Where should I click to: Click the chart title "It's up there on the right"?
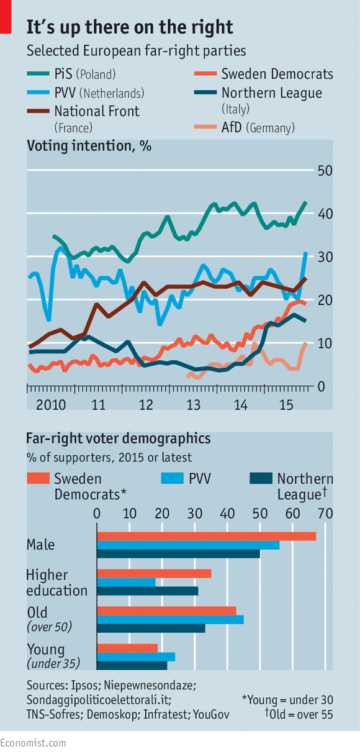coord(130,27)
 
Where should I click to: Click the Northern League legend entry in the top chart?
coord(271,94)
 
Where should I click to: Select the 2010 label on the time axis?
coord(50,405)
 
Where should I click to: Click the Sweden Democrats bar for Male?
coord(206,536)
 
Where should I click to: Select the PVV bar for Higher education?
coord(126,582)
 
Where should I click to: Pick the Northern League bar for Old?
coord(151,628)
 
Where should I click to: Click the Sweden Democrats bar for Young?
coord(127,648)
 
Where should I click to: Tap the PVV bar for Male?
coord(188,545)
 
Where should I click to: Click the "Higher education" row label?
coord(56,582)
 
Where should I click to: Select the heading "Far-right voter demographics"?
coord(118,438)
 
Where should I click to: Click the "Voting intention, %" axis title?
coord(89,147)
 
